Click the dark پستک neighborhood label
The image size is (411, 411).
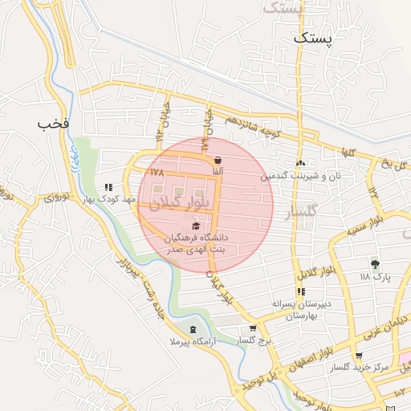[x=312, y=37]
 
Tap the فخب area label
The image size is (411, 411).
[x=54, y=124]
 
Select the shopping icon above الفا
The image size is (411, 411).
[x=218, y=160]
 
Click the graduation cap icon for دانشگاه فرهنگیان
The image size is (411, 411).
[x=197, y=226]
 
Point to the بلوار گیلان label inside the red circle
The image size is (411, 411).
[x=189, y=203]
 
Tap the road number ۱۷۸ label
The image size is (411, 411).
[x=157, y=172]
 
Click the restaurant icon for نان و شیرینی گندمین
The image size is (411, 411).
[x=300, y=164]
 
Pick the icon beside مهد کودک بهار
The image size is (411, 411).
[x=108, y=187]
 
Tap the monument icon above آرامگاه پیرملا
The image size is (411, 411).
[x=192, y=329]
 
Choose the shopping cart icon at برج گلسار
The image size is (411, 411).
[x=253, y=328]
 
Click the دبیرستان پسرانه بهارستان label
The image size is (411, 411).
[x=301, y=311]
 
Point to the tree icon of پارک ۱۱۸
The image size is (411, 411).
[x=374, y=263]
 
